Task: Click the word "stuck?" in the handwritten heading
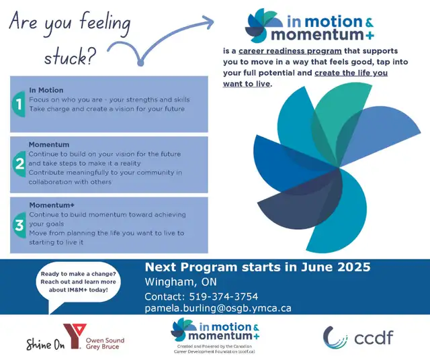[x=69, y=57]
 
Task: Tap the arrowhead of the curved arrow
[x=208, y=21]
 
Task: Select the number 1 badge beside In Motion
[x=19, y=105]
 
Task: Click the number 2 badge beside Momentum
[x=19, y=164]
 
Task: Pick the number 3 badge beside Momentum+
[x=19, y=225]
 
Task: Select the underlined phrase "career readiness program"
[x=290, y=51]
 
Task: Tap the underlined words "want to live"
[x=247, y=84]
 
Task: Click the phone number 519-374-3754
[x=224, y=296]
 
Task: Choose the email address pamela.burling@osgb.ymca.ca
[x=218, y=308]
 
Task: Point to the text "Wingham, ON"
[x=181, y=282]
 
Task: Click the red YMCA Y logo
[x=75, y=336]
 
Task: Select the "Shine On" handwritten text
[x=45, y=345]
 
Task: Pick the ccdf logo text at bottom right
[x=374, y=338]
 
